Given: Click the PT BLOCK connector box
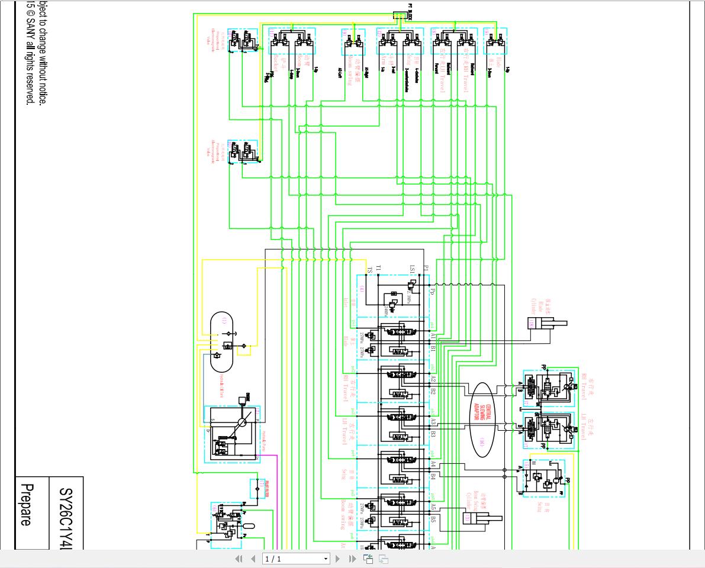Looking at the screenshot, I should pos(402,15).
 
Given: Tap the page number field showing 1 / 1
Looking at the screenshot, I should pos(295,559).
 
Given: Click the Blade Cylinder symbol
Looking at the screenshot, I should pos(546,323).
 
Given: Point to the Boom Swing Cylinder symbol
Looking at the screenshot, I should pos(481,518).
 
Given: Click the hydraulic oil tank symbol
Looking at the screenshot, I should pos(222,342).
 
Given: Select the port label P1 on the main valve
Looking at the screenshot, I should pos(426,269).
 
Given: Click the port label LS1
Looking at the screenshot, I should pos(412,269).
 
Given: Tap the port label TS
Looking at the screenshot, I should pos(369,269).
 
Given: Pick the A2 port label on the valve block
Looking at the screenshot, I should pos(433,378).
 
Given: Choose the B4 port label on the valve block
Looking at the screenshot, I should pos(433,476).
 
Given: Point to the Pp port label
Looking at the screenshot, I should pos(433,292).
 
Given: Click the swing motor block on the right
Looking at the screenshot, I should pos(543,478).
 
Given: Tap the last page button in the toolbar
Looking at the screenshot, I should pos(352,559).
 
